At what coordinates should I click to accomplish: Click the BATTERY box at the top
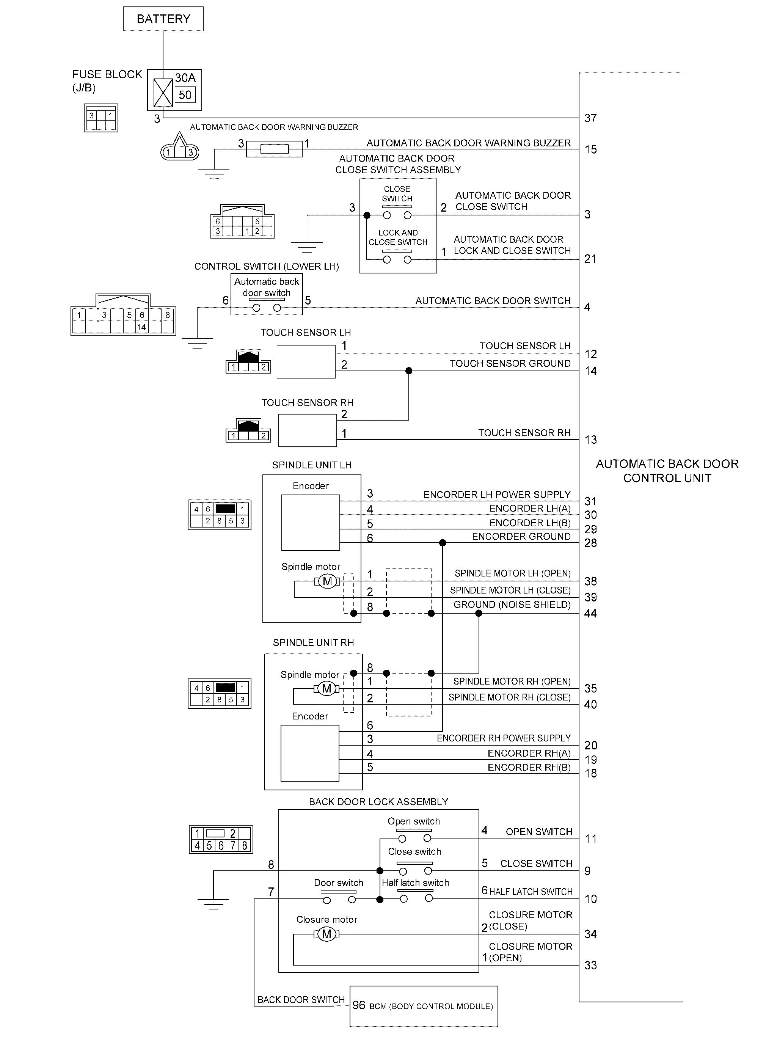[x=163, y=19]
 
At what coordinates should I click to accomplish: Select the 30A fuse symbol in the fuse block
[x=163, y=92]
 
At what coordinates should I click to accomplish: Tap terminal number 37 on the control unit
[x=590, y=118]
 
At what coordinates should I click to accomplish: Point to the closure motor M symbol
[x=327, y=934]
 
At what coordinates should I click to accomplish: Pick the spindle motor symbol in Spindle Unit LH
[x=327, y=581]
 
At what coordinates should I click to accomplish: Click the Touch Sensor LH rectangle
[x=306, y=361]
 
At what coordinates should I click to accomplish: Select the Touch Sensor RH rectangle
[x=308, y=430]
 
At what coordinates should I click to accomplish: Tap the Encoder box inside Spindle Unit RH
[x=310, y=753]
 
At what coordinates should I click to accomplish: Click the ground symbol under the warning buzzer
[x=214, y=173]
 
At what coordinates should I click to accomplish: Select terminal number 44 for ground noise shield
[x=590, y=613]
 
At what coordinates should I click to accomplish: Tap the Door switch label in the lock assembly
[x=339, y=883]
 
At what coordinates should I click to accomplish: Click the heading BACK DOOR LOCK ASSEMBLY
[x=378, y=802]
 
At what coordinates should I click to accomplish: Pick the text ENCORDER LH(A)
[x=530, y=509]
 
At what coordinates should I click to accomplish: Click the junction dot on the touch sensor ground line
[x=408, y=371]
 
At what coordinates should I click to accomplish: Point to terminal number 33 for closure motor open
[x=590, y=965]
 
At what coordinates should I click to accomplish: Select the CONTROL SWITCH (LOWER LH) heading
[x=267, y=267]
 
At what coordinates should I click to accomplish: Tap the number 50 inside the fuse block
[x=185, y=95]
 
